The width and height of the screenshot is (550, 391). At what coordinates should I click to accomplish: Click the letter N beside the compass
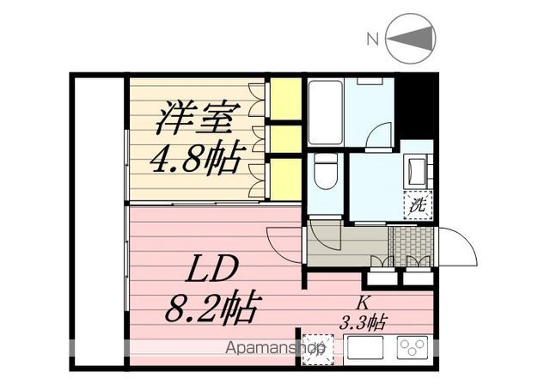372,39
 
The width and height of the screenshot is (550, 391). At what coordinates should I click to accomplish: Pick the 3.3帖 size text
364,323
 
